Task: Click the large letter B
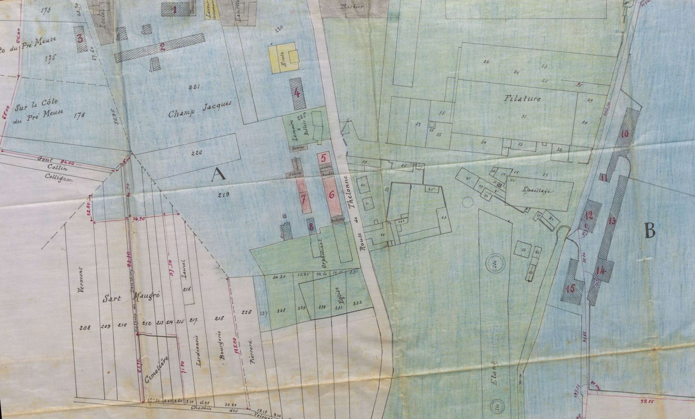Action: pyautogui.click(x=649, y=230)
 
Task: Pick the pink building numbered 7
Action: pyautogui.click(x=303, y=198)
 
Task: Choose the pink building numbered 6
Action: pyautogui.click(x=332, y=195)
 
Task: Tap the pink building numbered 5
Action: pyautogui.click(x=324, y=158)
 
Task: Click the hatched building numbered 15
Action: pyautogui.click(x=570, y=288)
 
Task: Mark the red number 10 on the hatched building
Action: pyautogui.click(x=625, y=133)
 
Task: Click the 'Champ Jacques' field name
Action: pyautogui.click(x=200, y=109)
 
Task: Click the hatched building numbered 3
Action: pyautogui.click(x=80, y=38)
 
